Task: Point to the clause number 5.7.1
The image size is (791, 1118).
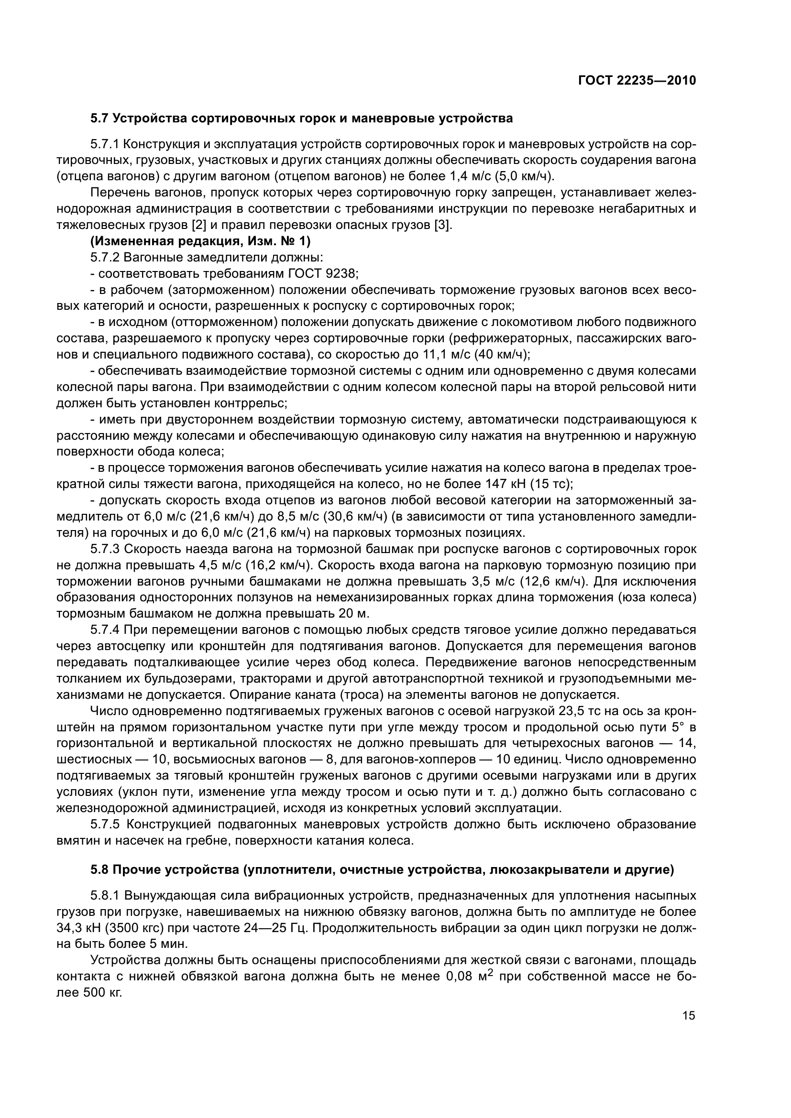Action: point(105,144)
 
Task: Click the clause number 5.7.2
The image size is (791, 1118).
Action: point(105,257)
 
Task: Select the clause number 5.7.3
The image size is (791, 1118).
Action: point(105,549)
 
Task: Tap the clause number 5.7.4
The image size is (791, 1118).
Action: point(105,630)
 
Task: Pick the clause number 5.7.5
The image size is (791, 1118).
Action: point(105,825)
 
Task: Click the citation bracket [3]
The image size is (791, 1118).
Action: point(443,225)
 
